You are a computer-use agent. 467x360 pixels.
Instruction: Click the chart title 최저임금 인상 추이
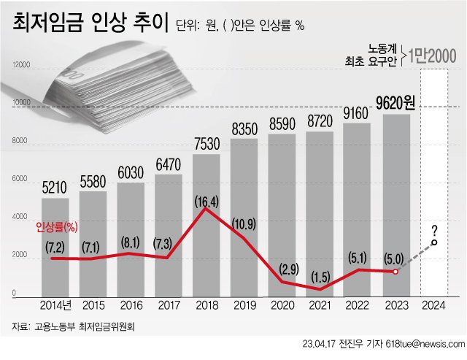pyautogui.click(x=88, y=24)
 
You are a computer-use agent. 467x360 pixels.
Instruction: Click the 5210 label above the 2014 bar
pyautogui.click(x=55, y=188)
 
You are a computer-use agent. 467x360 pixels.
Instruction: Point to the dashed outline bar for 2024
pyautogui.click(x=436, y=183)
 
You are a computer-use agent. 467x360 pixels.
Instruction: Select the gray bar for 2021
pyautogui.click(x=320, y=219)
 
